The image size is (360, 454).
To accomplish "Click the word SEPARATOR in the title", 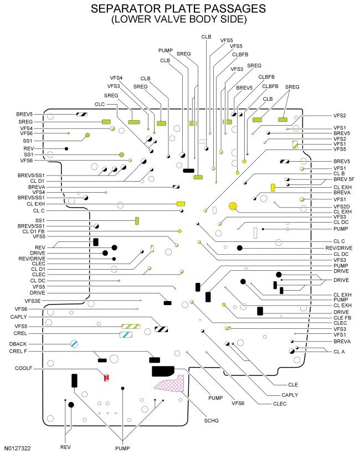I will tap(136, 9).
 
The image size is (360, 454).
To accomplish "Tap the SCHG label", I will tap(211, 421).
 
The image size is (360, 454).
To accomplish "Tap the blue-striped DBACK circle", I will tap(73, 344).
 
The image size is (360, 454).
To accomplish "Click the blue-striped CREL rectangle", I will tap(126, 334).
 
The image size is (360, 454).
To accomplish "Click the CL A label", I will tap(339, 351).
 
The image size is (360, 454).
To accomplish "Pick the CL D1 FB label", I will tap(33, 231).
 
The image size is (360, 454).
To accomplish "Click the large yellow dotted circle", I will tap(233, 207).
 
